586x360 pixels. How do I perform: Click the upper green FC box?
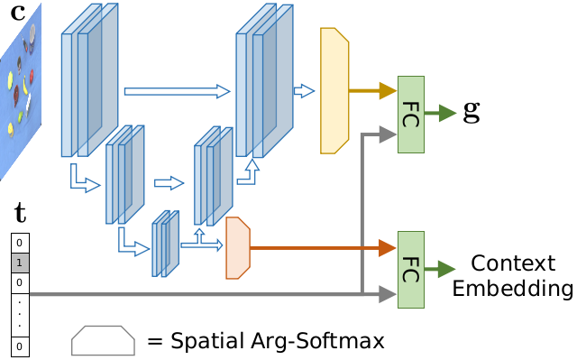click(x=410, y=115)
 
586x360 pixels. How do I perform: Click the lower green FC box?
click(x=410, y=270)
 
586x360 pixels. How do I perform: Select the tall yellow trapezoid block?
click(x=334, y=90)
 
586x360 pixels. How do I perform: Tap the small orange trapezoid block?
click(x=237, y=248)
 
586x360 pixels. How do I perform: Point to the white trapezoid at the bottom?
click(x=103, y=341)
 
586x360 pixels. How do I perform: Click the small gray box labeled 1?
click(x=20, y=263)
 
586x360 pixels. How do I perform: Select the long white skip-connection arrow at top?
click(x=177, y=91)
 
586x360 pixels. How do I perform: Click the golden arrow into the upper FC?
click(x=372, y=90)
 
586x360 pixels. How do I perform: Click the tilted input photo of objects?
click(x=20, y=90)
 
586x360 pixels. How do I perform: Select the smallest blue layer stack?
click(x=165, y=244)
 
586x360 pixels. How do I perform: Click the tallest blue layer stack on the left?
click(x=88, y=81)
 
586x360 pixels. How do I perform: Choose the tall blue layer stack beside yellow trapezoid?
click(x=263, y=81)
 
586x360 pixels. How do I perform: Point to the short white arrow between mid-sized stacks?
click(x=169, y=183)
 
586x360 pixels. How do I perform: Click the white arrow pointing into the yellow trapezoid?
click(x=304, y=91)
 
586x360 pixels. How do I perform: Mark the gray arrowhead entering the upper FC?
click(x=388, y=135)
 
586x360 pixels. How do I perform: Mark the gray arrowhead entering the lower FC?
click(x=388, y=294)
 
